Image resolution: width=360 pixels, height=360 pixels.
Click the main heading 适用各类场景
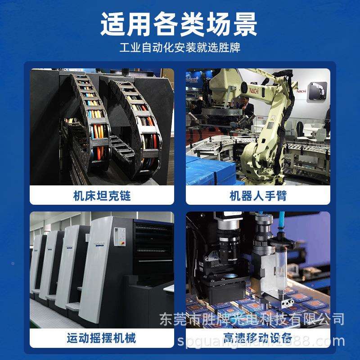pos(180,23)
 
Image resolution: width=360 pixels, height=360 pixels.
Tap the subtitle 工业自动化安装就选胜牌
pos(180,47)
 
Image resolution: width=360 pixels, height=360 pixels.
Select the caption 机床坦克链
pos(102,196)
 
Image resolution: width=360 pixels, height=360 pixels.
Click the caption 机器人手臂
pos(258,196)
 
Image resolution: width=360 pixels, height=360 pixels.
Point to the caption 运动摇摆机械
pos(102,337)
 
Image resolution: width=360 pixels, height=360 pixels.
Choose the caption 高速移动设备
pos(258,337)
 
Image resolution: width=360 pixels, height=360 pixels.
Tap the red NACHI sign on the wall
pos(301,91)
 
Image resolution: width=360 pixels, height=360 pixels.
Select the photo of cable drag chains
pos(102,126)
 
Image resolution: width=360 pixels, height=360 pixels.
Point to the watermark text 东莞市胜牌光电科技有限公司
pos(252,319)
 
